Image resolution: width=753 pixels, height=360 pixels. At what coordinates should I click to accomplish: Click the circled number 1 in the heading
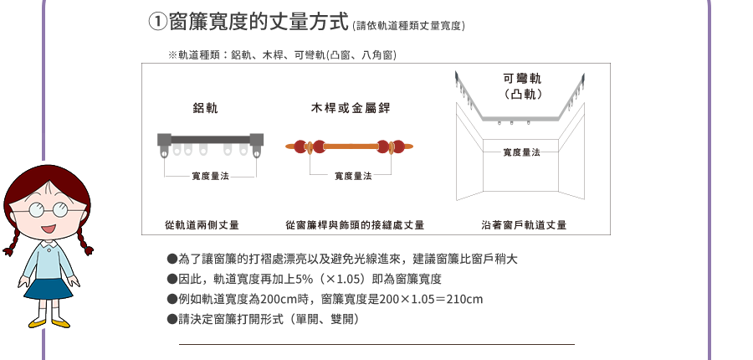click(157, 22)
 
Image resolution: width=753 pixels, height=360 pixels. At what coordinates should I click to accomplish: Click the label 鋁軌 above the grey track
click(206, 109)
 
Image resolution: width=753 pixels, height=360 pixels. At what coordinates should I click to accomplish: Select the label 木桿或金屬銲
click(351, 108)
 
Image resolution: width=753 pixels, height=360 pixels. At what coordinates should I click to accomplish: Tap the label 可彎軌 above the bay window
click(522, 79)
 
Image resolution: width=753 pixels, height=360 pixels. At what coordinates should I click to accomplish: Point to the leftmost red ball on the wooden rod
click(300, 147)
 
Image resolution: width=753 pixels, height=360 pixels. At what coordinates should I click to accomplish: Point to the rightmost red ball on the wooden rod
click(398, 147)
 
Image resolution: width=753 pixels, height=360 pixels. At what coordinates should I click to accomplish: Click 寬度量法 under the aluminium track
click(210, 177)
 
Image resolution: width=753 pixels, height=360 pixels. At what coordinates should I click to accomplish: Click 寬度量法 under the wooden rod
click(353, 177)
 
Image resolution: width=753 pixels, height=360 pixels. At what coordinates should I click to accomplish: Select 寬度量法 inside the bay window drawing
click(521, 152)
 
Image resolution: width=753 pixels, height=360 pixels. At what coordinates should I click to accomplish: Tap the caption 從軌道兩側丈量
click(202, 225)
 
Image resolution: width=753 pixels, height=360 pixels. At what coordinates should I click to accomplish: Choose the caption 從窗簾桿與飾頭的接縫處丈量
click(355, 225)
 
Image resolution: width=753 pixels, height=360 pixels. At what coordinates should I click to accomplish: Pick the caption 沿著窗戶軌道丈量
click(524, 225)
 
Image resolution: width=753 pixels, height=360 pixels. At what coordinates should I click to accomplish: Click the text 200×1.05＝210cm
click(431, 300)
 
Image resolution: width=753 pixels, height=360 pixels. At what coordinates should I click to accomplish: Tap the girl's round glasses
click(48, 210)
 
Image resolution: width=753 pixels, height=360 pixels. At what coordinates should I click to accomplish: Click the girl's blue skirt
click(48, 289)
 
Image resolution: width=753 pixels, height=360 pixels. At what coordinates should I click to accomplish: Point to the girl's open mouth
click(48, 229)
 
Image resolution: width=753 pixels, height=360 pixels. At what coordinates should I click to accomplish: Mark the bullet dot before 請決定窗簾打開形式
click(172, 319)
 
